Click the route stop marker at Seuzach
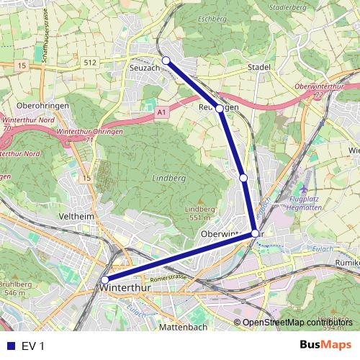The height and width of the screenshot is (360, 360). (166, 60)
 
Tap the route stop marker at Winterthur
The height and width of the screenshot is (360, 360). (105, 280)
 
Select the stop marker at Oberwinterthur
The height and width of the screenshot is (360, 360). (255, 233)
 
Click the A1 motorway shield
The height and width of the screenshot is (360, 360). (161, 113)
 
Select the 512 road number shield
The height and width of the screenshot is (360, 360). (89, 62)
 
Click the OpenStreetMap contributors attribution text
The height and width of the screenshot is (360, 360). (296, 323)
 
